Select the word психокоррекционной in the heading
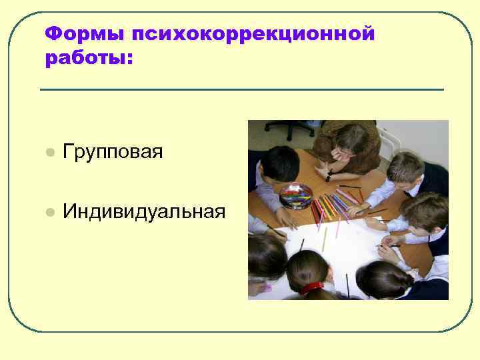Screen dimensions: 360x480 pyautogui.click(x=253, y=33)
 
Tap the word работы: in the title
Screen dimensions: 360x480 pyautogui.click(x=89, y=59)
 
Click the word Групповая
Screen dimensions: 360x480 pyautogui.click(x=113, y=152)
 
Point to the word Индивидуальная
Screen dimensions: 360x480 pyautogui.click(x=144, y=212)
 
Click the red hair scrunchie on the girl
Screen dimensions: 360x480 pyautogui.click(x=311, y=287)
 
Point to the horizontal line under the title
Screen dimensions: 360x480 pyautogui.click(x=241, y=89)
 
